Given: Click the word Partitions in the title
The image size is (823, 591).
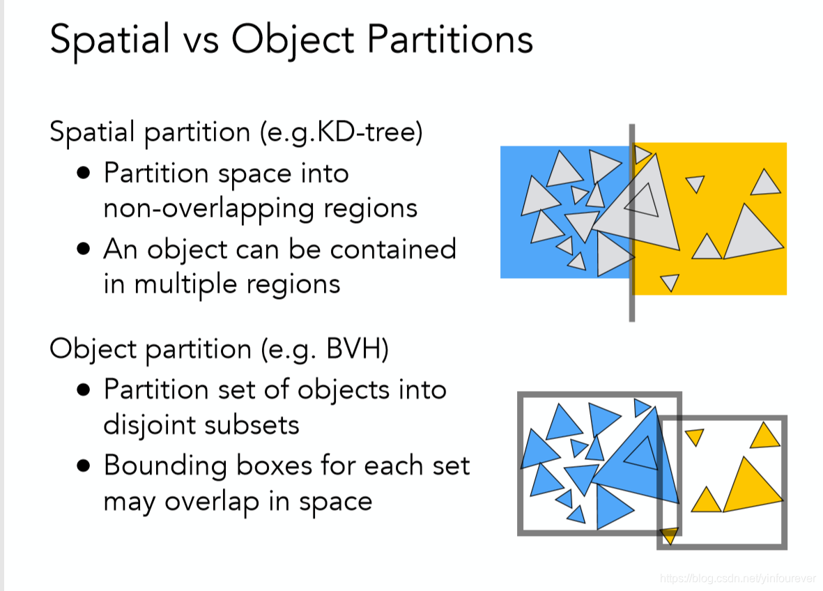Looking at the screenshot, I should pos(449,40).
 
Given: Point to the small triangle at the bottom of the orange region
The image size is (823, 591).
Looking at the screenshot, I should pos(669,282).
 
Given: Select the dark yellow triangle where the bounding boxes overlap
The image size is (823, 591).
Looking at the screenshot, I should pos(669,535).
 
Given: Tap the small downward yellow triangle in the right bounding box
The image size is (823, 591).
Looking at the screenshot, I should pos(694,437).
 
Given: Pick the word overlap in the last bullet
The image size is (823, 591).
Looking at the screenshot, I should pos(210,502).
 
